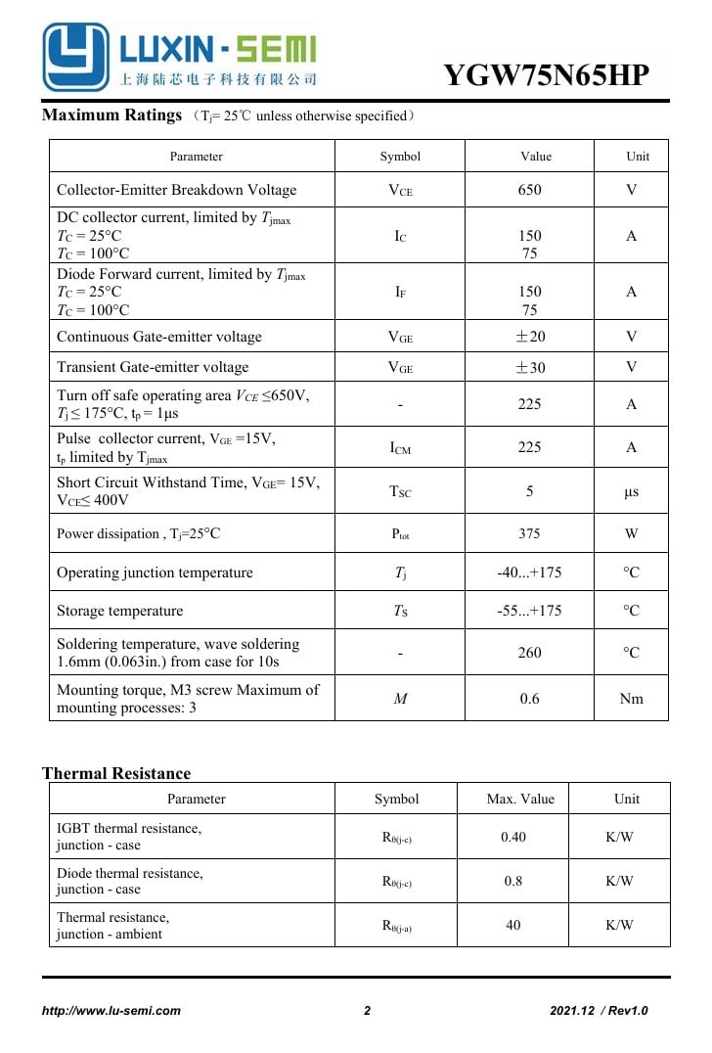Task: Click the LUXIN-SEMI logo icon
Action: [75, 57]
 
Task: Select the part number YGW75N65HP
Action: [546, 75]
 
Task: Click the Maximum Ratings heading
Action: [111, 115]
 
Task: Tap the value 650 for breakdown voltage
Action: [529, 190]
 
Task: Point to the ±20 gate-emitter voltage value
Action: [529, 337]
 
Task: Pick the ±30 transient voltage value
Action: [529, 367]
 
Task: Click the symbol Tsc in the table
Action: [400, 491]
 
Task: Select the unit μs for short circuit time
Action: [631, 491]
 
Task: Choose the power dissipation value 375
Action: [529, 533]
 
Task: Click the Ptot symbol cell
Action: [400, 533]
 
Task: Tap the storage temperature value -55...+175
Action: [529, 611]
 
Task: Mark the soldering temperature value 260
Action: [529, 653]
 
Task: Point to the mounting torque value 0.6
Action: [529, 699]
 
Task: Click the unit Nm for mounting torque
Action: [631, 699]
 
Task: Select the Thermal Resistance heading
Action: [116, 773]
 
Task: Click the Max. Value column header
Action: [520, 799]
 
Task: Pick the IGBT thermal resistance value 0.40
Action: [513, 837]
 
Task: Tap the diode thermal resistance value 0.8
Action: [513, 881]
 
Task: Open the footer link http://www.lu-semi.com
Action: [111, 1011]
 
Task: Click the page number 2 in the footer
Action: [368, 1011]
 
